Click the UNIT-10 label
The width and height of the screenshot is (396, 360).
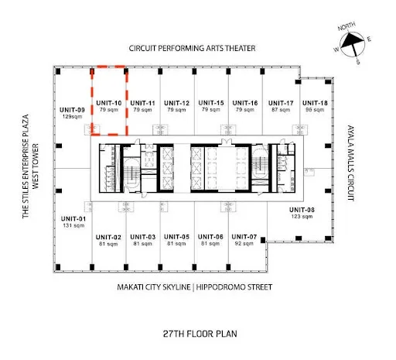coord(109,103)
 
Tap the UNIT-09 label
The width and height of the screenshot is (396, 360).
coord(72,110)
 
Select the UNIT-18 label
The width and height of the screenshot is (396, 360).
coord(315,103)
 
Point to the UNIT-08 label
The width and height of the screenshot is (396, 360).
coord(302,210)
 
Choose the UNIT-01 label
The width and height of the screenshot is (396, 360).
coord(73,219)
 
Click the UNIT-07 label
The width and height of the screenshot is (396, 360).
coord(244,237)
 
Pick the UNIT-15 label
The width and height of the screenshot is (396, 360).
coord(211,103)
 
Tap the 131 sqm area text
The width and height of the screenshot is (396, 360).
coord(73,225)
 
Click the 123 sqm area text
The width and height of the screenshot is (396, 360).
coord(302,217)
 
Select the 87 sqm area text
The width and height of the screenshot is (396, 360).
coord(281,110)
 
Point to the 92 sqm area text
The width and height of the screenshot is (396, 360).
coord(244,243)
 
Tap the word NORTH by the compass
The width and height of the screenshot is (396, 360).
coord(346,26)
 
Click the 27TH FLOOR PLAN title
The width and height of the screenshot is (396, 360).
coord(200,334)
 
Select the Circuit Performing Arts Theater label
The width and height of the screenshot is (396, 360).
coord(192,48)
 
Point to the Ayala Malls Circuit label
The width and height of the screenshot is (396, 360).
coord(351,163)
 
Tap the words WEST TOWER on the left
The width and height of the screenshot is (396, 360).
coord(35,166)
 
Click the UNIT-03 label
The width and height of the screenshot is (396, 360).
coord(143,237)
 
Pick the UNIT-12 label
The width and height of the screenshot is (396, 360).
coord(176,103)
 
